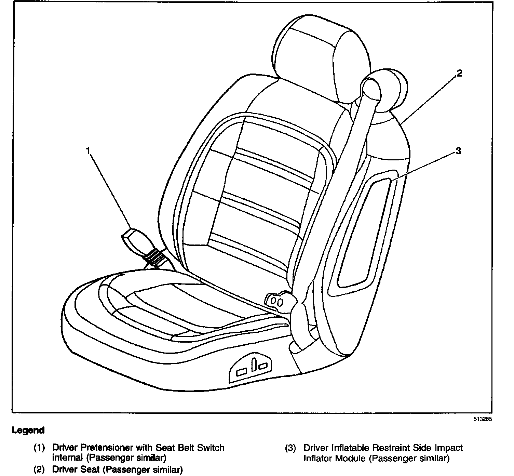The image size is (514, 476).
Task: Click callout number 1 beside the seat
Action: pyautogui.click(x=88, y=151)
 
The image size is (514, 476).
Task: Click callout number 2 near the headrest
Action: pyautogui.click(x=459, y=73)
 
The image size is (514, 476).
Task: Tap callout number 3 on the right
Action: pyautogui.click(x=458, y=151)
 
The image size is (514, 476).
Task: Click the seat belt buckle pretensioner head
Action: pyautogui.click(x=135, y=241)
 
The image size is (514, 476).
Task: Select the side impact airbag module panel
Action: pyautogui.click(x=362, y=233)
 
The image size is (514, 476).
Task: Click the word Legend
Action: pyautogui.click(x=28, y=431)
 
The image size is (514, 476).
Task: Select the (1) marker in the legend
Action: pyautogui.click(x=39, y=448)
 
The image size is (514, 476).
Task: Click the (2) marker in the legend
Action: pyautogui.click(x=39, y=470)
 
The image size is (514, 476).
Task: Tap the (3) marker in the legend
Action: pyautogui.click(x=290, y=448)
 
